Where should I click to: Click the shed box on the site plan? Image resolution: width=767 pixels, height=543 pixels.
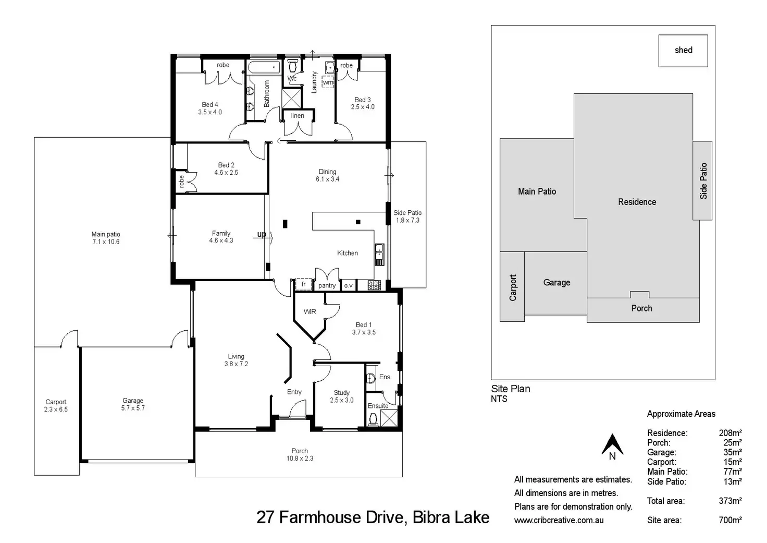point(683,51)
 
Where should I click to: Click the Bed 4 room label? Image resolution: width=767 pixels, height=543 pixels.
point(210,108)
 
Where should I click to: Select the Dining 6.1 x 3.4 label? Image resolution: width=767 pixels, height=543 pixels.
point(327,175)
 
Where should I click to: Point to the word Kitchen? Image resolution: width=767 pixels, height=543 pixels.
point(348,253)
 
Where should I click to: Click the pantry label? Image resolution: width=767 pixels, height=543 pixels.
point(327,285)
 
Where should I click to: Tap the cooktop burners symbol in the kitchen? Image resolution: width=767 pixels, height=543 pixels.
point(374,285)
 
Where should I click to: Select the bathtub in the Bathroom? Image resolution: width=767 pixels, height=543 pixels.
point(264,67)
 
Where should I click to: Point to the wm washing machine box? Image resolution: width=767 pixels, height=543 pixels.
point(328,82)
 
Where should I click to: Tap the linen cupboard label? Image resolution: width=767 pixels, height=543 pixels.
point(298,115)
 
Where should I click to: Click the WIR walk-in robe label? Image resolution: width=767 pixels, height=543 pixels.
point(310,311)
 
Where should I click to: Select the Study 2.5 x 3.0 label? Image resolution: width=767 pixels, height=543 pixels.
point(342,396)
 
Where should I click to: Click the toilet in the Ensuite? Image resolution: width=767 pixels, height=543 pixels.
point(373,419)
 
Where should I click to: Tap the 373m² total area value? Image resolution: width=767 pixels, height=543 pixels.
point(731,501)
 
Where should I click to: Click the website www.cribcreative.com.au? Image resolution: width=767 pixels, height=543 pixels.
point(559,520)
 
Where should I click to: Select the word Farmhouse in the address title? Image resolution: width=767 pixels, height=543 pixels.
point(320,517)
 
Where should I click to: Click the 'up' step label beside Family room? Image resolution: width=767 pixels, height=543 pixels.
point(262,234)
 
